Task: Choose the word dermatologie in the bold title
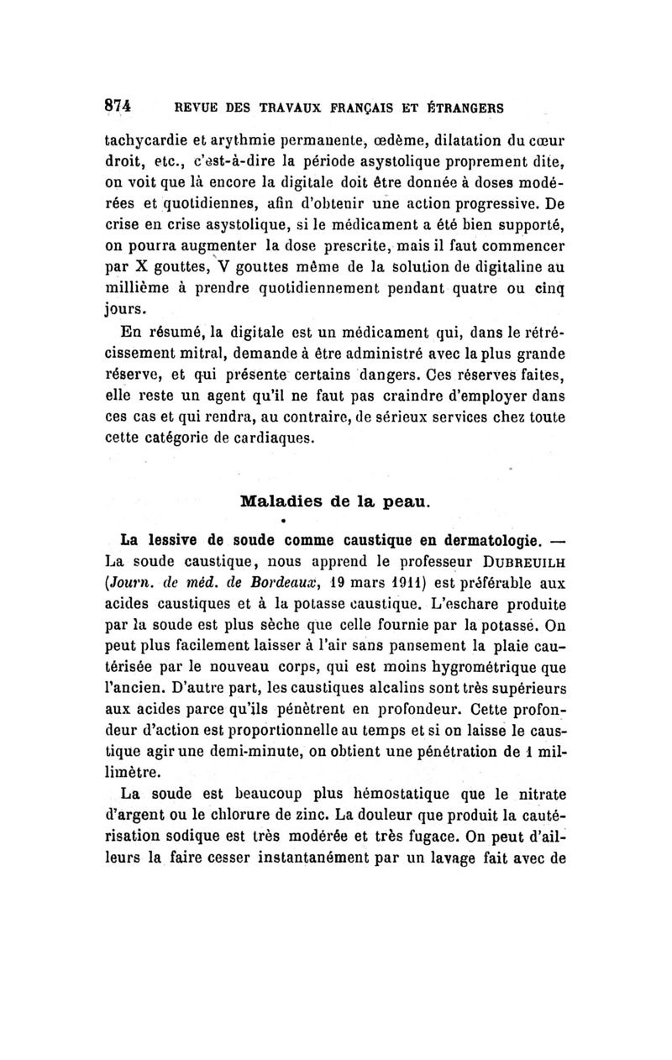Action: click(469, 537)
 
